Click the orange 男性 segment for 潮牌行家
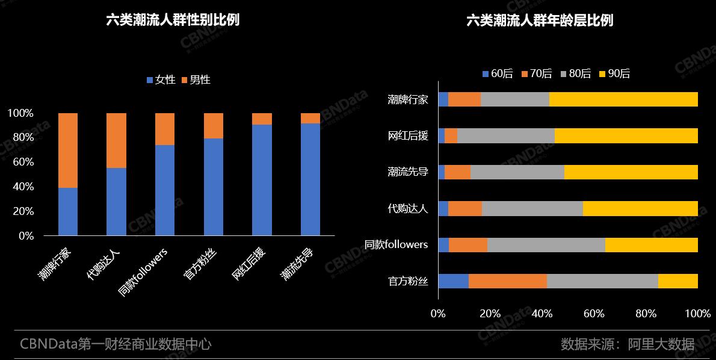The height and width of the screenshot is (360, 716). tap(68, 151)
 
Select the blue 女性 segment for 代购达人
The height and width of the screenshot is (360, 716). tap(116, 202)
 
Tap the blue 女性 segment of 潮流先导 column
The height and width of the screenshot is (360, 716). tap(310, 179)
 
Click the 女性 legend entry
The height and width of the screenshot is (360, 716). tap(161, 79)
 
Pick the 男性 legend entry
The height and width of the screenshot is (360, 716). tap(196, 79)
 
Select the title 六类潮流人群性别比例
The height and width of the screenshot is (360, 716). tap(173, 20)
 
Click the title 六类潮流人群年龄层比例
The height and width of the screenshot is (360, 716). tap(540, 20)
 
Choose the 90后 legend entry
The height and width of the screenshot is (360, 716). tap(614, 74)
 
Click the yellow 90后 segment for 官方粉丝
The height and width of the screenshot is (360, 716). tap(677, 281)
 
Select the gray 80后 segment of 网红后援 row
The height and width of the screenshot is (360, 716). tap(505, 135)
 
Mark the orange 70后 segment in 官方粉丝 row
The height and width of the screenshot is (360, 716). tap(507, 281)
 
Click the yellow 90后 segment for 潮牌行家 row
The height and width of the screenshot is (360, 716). tap(623, 99)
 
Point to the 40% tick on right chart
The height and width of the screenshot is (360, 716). tap(542, 314)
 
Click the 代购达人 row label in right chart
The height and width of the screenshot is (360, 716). tap(408, 209)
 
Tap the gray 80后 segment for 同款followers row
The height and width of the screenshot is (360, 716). tap(546, 244)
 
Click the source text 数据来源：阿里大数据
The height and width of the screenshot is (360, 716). tap(627, 344)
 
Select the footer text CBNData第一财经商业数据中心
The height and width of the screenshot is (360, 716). tap(116, 344)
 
